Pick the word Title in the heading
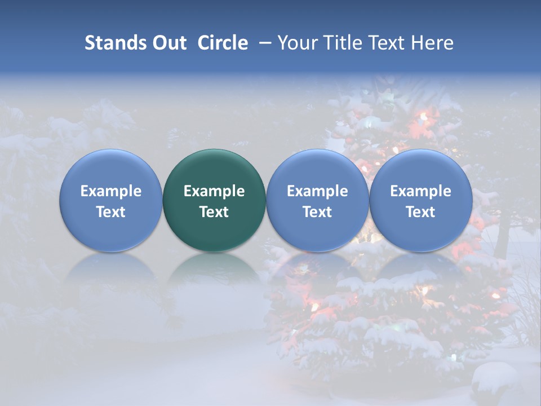coord(345,43)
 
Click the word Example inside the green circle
coord(214,191)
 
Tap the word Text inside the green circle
coord(214,212)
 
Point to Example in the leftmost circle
coord(111,191)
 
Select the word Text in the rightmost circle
coord(420,212)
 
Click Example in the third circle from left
coord(317,191)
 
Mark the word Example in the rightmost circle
coord(420,191)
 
